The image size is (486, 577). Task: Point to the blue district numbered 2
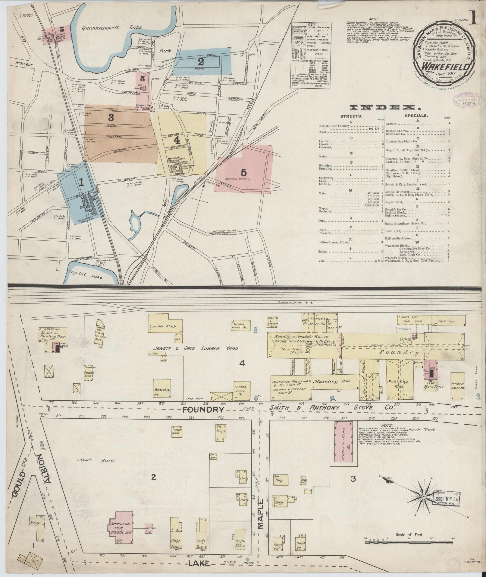pyautogui.click(x=201, y=62)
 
